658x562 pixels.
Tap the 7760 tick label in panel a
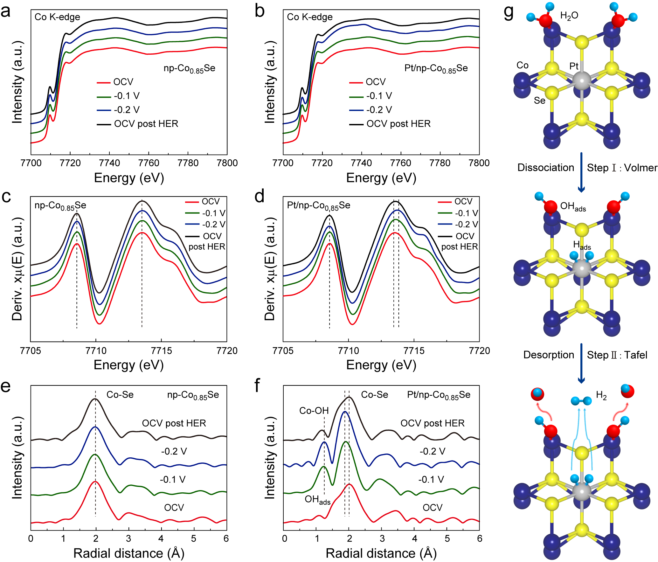(x=149, y=163)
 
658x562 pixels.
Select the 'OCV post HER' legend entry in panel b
(x=398, y=124)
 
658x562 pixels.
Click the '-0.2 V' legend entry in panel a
(x=127, y=110)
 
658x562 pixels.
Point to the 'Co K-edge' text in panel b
(x=309, y=17)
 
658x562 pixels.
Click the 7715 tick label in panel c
(x=162, y=351)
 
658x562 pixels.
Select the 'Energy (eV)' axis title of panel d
(x=381, y=365)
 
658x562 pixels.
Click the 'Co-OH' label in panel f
(x=314, y=411)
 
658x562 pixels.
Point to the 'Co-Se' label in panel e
(x=120, y=395)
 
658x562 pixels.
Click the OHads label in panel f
(x=317, y=500)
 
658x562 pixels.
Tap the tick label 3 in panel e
(x=128, y=538)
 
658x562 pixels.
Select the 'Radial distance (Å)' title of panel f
(x=381, y=553)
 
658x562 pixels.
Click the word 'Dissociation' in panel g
(x=546, y=168)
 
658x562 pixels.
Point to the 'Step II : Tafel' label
(x=617, y=355)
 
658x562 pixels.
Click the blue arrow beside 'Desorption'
(x=581, y=363)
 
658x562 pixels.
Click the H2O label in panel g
(x=569, y=16)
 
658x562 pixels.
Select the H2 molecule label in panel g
(x=601, y=396)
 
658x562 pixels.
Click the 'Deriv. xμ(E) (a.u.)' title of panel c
(x=17, y=269)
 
